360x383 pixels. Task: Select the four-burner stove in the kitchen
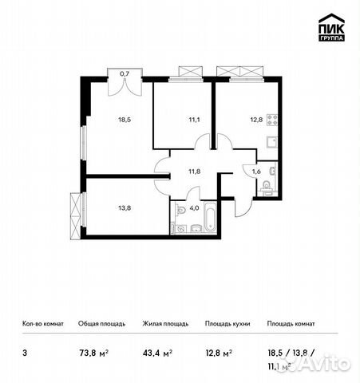pos(271,122)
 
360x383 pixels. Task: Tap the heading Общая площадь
pos(100,324)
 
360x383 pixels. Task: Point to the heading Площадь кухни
pos(227,324)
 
